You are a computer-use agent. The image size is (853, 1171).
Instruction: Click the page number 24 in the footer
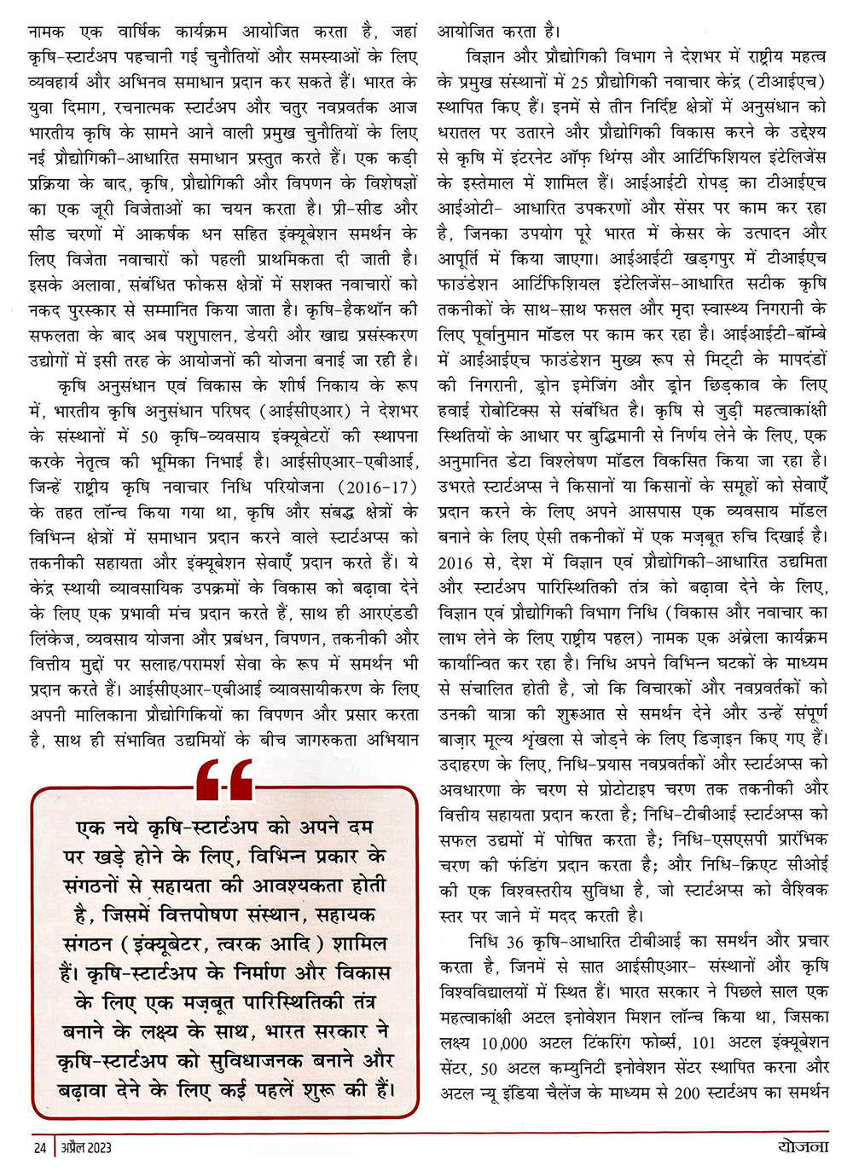(x=39, y=1147)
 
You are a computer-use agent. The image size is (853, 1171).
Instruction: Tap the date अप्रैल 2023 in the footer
(x=86, y=1147)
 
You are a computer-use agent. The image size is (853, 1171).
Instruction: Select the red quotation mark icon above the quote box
(x=224, y=780)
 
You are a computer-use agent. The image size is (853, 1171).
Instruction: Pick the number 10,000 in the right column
(x=504, y=1042)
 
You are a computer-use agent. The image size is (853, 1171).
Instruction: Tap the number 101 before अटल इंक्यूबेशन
(x=704, y=1042)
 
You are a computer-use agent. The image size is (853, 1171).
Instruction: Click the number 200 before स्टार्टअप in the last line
(x=687, y=1093)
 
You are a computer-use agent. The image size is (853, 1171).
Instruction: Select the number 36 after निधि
(x=514, y=942)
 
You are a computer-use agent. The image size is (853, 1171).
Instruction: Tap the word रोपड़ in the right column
(x=712, y=183)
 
